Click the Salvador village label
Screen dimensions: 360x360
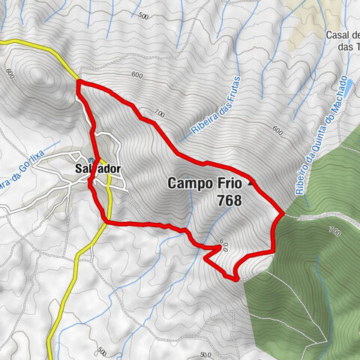[97, 169]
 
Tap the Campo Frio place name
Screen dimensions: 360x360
[204, 183]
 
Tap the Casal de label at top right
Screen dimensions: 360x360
[342, 35]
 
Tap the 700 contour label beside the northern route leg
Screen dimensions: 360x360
[158, 113]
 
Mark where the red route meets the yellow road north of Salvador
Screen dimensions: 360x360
[77, 82]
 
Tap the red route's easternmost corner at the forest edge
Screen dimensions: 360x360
[283, 214]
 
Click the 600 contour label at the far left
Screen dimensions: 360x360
[10, 73]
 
